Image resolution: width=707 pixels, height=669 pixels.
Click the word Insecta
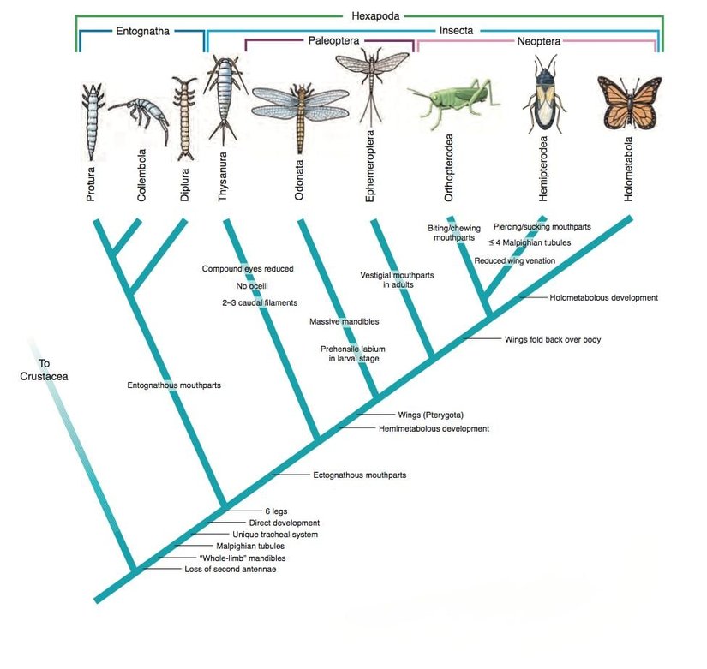pyautogui.click(x=456, y=28)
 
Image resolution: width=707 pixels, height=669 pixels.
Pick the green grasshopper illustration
pyautogui.click(x=453, y=99)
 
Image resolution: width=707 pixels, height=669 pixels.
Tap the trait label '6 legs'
pyautogui.click(x=276, y=511)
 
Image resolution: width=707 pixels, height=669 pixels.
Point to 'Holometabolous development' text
pyautogui.click(x=602, y=298)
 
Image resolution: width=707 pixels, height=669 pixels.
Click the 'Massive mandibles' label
pyautogui.click(x=344, y=321)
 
